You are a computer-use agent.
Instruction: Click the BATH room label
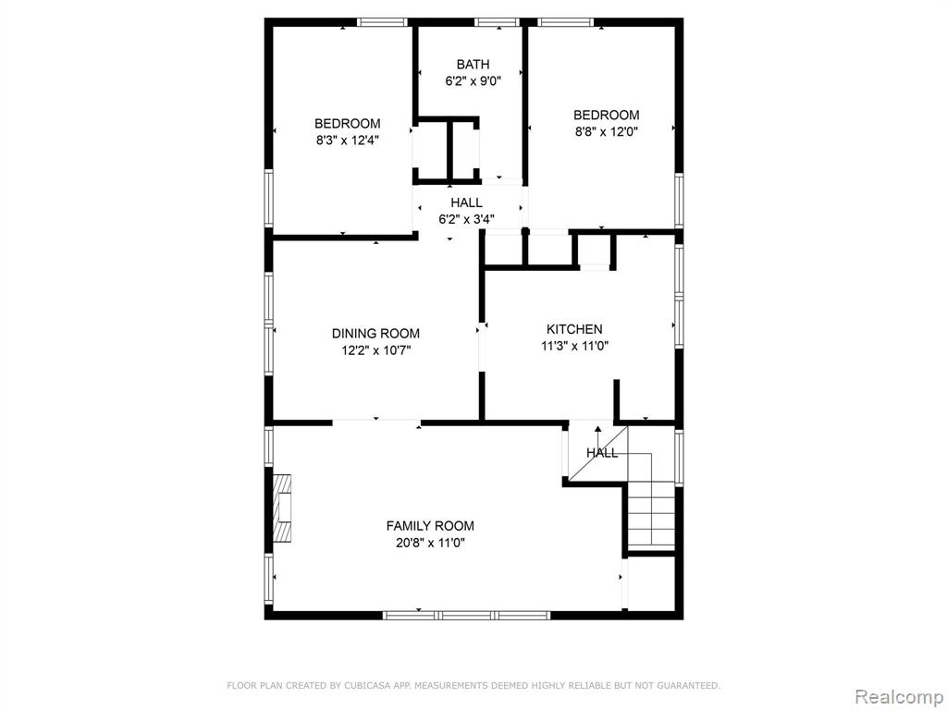[x=473, y=64]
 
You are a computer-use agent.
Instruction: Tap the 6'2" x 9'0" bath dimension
[x=473, y=81]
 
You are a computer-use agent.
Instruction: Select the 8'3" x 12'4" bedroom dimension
[x=348, y=141]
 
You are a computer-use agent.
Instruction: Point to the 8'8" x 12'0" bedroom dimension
[x=607, y=131]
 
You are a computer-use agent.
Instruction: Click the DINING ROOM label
[x=375, y=333]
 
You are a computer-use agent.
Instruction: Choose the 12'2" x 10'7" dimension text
[x=375, y=350]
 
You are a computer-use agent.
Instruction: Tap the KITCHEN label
[x=574, y=329]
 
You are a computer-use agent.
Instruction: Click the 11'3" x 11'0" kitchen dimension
[x=574, y=346]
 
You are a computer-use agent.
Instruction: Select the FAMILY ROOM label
[x=430, y=526]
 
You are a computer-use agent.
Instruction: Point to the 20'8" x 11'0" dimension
[x=430, y=543]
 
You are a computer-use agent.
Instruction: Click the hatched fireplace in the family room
[x=282, y=506]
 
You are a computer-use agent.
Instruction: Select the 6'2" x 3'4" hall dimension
[x=466, y=219]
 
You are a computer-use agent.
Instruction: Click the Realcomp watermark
[x=899, y=696]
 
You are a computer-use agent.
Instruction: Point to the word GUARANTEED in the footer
[x=689, y=685]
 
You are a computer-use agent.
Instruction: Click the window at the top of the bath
[x=497, y=22]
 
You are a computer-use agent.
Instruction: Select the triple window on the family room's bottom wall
[x=467, y=615]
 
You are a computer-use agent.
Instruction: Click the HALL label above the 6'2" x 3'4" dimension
[x=466, y=202]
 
